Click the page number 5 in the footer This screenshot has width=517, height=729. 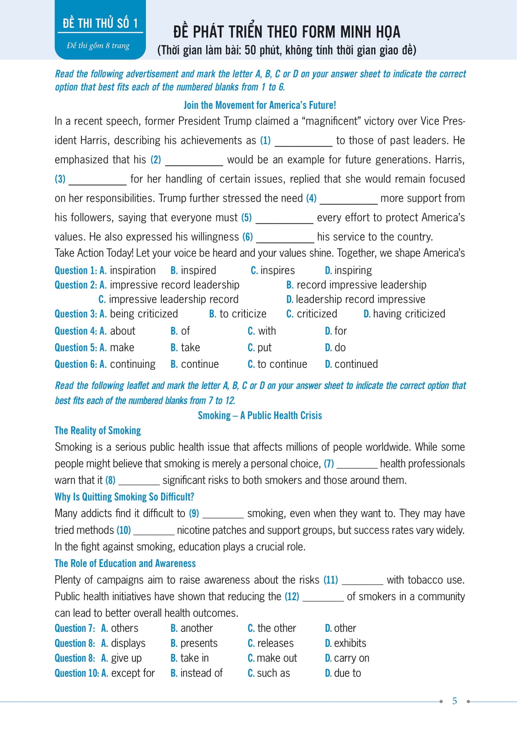pos(454,701)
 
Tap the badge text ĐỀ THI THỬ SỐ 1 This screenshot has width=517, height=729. pos(100,23)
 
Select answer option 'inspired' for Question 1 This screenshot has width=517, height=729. pos(198,270)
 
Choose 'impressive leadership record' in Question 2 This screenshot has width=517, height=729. pos(173,299)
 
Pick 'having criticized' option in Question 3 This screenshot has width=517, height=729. pos(409,314)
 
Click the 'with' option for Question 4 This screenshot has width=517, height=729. pos(267,331)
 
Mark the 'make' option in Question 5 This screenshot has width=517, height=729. pos(122,348)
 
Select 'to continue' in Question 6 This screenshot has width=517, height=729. pos(282,364)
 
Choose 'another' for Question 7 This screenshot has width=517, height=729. pos(197,628)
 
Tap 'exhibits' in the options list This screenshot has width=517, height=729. pos(350,643)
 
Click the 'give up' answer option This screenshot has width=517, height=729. pos(126,658)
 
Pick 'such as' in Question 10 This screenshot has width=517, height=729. pos(273,673)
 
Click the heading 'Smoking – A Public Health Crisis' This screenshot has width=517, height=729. pos(260,415)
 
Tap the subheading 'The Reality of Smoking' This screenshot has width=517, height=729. pos(98,430)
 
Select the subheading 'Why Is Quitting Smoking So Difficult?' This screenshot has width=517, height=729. pos(124,497)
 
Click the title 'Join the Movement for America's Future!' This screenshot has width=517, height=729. pos(260,105)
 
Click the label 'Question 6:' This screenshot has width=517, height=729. pos(76,364)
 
